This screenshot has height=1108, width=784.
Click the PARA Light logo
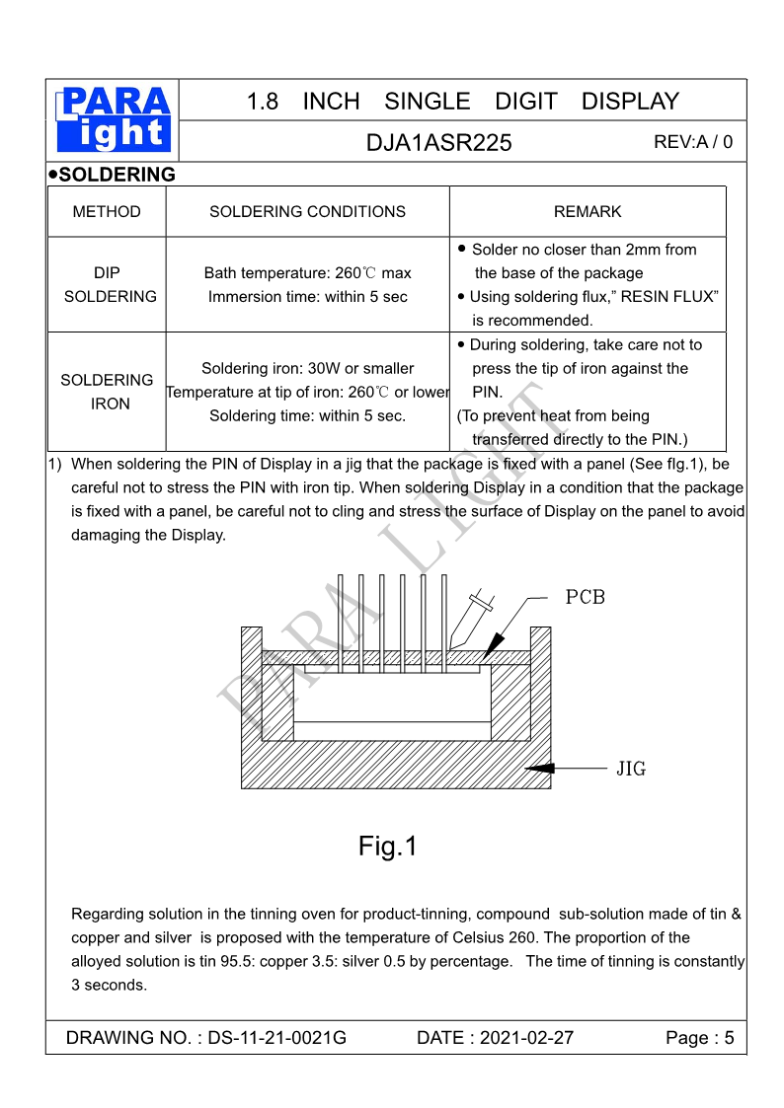tap(114, 119)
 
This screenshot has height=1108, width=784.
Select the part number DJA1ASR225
tap(438, 142)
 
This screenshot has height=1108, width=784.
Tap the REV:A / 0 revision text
tap(693, 142)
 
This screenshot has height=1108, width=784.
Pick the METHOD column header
tap(107, 211)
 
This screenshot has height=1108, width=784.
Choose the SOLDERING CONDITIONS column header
tap(307, 211)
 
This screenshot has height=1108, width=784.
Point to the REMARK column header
tap(588, 211)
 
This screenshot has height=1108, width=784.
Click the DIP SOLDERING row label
tap(109, 284)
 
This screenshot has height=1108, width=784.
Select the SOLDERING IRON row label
tap(108, 392)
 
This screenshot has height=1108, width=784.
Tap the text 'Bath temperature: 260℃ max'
tap(307, 273)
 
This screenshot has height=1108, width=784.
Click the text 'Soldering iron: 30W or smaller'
tap(307, 368)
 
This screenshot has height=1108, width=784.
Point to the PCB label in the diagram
tap(585, 598)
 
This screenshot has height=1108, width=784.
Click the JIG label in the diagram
tap(631, 769)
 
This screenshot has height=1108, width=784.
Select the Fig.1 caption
tap(388, 846)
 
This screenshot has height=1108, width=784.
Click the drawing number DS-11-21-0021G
tap(276, 1038)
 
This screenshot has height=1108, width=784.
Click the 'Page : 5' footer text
tap(699, 1038)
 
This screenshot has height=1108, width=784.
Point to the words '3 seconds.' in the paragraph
tap(109, 985)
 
